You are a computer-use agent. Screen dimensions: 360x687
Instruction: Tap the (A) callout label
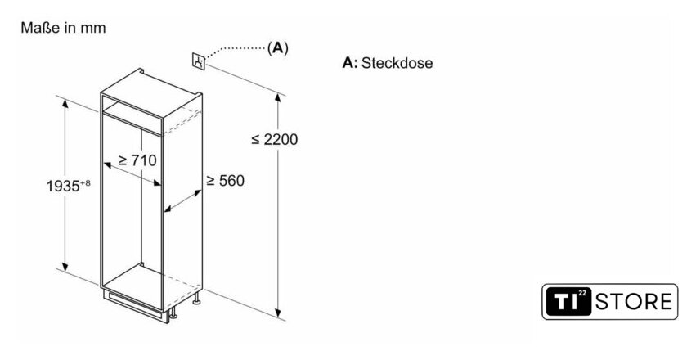click(278, 48)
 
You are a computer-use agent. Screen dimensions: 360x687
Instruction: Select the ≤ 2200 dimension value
click(275, 139)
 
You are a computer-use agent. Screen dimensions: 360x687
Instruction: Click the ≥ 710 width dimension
click(137, 160)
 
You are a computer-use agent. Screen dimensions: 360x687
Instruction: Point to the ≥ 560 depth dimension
click(225, 180)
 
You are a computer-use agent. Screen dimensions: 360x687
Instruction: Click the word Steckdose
click(397, 63)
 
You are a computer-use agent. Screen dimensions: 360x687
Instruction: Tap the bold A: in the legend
click(350, 63)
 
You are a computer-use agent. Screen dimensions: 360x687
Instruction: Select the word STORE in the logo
click(635, 301)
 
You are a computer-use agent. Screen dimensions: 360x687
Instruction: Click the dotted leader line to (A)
click(237, 48)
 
